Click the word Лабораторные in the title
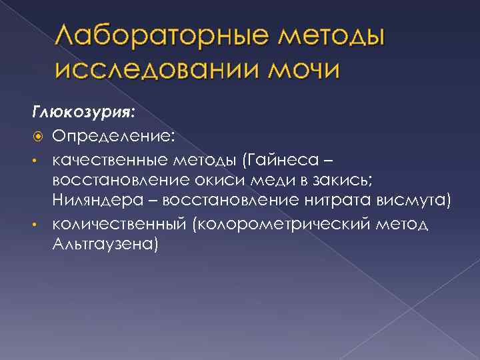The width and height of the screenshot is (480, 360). (158, 38)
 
